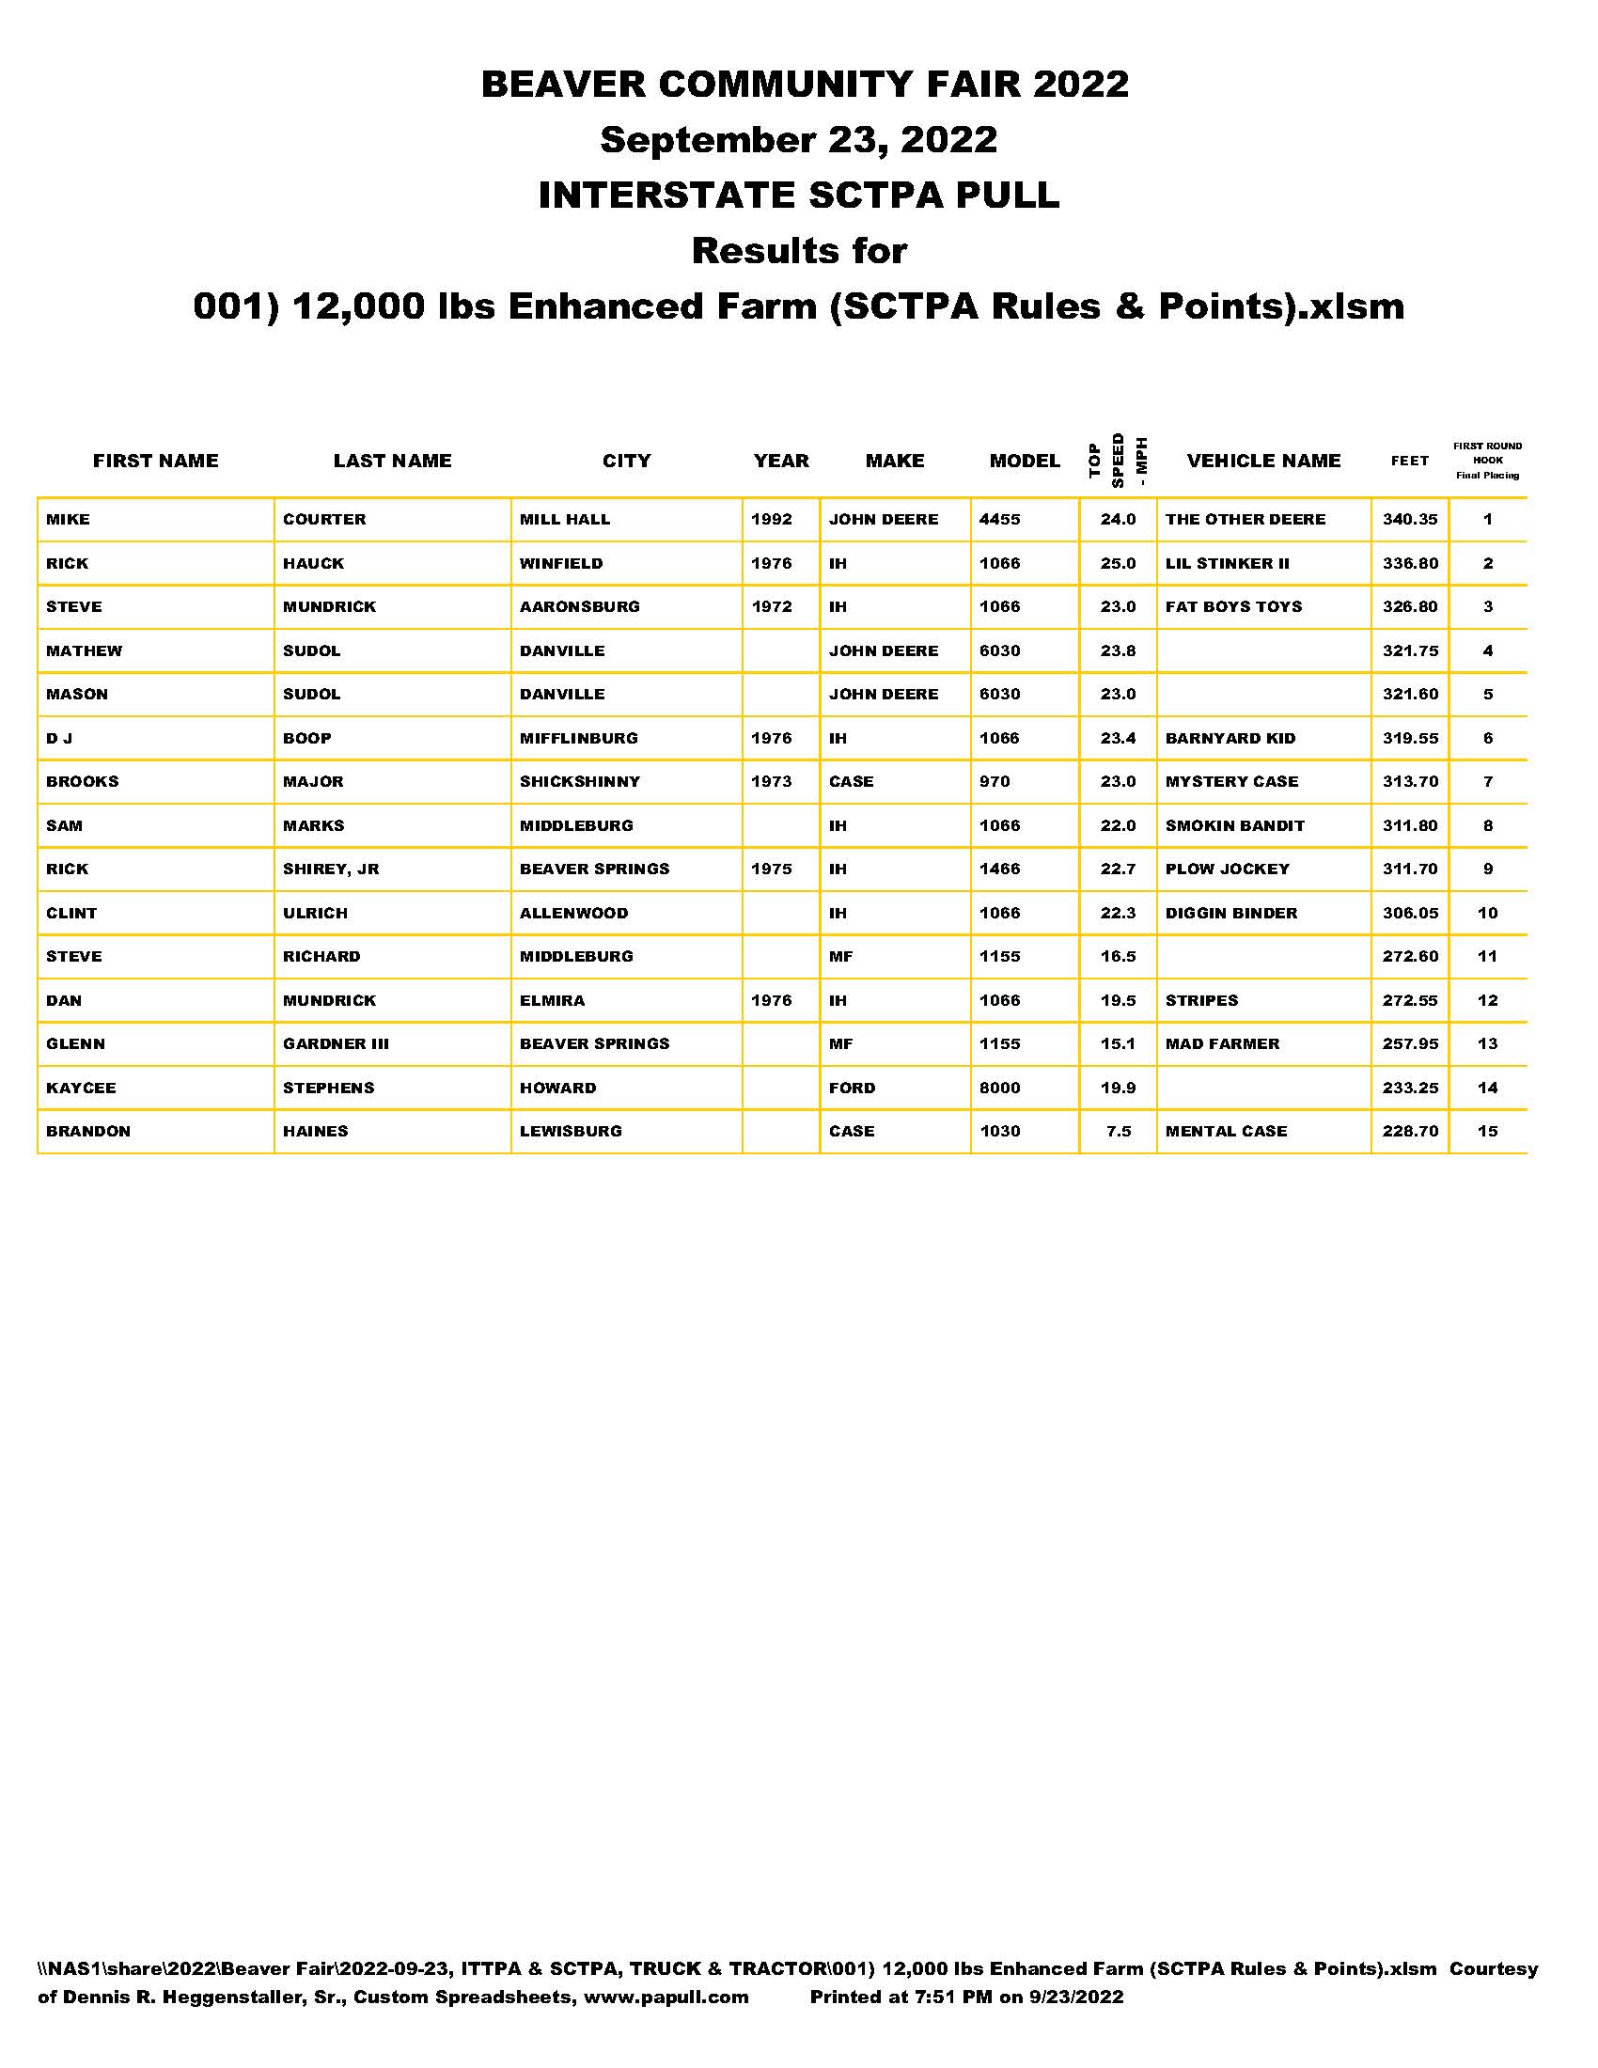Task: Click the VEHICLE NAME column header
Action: click(1262, 462)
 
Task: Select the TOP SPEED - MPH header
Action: click(1118, 462)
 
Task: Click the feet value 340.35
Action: click(1410, 520)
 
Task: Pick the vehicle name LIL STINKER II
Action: click(1227, 563)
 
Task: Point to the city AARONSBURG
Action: click(579, 607)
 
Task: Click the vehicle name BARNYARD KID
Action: click(1230, 739)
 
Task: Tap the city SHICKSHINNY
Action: click(579, 782)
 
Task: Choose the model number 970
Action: click(994, 782)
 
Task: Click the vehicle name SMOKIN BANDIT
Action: click(1234, 825)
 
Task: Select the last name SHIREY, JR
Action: click(330, 869)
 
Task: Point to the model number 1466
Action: click(1000, 869)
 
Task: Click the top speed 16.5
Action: click(1118, 956)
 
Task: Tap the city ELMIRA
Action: click(552, 1001)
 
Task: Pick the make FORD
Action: click(852, 1088)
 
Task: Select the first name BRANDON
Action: click(88, 1132)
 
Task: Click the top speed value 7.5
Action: click(1119, 1132)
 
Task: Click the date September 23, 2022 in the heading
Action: click(798, 140)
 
